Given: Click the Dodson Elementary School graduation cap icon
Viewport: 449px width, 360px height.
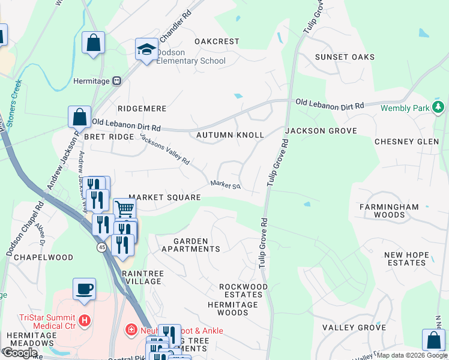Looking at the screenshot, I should click(146, 50).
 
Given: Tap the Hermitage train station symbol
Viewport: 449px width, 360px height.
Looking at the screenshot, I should click(116, 80).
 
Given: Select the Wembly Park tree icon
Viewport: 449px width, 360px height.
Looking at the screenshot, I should click(439, 107).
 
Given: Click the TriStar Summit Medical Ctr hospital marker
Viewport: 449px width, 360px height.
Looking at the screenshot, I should click(84, 320).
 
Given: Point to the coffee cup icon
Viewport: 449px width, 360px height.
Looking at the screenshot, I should click(84, 288).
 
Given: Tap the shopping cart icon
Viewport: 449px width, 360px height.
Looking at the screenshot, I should click(124, 209).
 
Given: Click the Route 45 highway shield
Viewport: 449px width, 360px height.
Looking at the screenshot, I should click(101, 247).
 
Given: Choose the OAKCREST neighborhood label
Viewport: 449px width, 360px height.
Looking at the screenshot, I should click(217, 41).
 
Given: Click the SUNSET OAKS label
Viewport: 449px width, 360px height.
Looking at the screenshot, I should click(345, 57).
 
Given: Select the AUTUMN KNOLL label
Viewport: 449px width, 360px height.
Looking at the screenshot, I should click(230, 135).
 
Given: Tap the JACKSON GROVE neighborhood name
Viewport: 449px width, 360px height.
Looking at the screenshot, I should click(321, 130).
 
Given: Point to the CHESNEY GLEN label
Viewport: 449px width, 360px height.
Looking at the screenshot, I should click(406, 142).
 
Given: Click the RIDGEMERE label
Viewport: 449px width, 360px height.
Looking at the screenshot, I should click(142, 109).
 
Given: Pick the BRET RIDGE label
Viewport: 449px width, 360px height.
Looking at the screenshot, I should click(108, 137).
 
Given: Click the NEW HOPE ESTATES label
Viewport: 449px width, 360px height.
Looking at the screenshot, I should click(406, 259).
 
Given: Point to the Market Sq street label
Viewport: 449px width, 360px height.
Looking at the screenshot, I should click(225, 185).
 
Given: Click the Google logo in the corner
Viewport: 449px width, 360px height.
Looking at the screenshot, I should click(20, 353).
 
